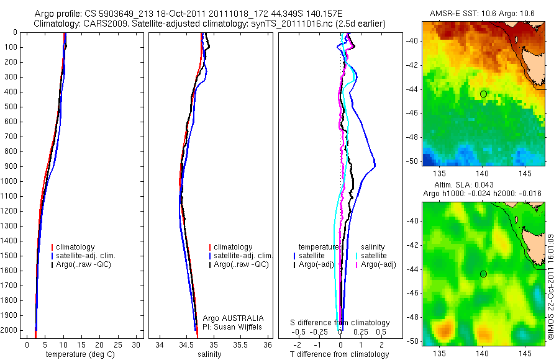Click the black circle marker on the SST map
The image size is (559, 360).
click(483, 94)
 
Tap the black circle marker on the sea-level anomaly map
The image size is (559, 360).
click(483, 274)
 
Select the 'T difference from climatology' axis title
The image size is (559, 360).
click(340, 354)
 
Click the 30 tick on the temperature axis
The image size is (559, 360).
click(137, 345)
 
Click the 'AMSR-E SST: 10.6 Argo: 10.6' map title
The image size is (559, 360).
click(483, 14)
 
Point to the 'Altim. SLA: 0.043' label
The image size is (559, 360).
click(483, 186)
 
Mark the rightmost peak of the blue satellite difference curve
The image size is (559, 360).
click(375, 164)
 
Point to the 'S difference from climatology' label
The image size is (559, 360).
click(340, 323)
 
